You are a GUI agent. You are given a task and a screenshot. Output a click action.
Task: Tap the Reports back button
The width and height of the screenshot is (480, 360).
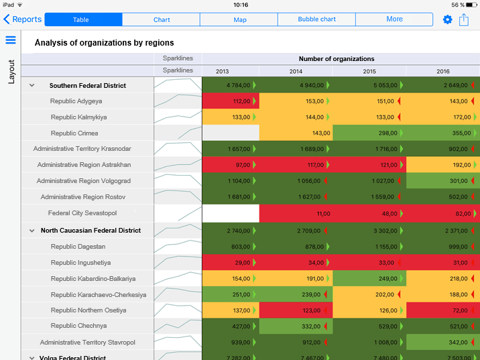pyautogui.click(x=23, y=19)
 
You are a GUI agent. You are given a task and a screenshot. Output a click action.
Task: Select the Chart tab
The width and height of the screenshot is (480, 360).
pyautogui.click(x=161, y=19)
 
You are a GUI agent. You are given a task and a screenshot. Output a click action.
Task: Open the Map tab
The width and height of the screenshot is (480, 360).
pyautogui.click(x=239, y=19)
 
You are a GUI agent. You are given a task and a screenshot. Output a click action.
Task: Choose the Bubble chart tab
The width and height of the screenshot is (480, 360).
pyautogui.click(x=316, y=19)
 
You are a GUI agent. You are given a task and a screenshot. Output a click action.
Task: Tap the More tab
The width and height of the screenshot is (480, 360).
pyautogui.click(x=394, y=19)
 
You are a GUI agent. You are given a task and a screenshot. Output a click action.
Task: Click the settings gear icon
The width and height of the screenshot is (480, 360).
pyautogui.click(x=447, y=19)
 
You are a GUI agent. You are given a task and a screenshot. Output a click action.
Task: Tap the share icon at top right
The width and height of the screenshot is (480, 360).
pyautogui.click(x=464, y=19)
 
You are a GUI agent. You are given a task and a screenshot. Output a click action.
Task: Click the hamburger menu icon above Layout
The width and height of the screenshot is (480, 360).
pyautogui.click(x=11, y=40)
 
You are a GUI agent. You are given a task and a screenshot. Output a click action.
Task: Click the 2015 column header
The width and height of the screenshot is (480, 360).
pyautogui.click(x=369, y=71)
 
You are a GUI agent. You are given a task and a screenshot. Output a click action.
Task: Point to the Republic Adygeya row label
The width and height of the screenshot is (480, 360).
pyautogui.click(x=76, y=101)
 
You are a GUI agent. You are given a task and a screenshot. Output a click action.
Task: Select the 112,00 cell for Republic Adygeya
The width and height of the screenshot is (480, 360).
pyautogui.click(x=231, y=101)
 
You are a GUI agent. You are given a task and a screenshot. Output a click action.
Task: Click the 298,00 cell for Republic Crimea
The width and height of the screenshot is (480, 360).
pyautogui.click(x=369, y=133)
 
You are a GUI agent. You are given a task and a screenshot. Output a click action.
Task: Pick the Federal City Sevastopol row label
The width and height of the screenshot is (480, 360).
pyautogui.click(x=82, y=213)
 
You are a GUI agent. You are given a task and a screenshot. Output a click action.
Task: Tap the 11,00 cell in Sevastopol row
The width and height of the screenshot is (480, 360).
pyautogui.click(x=296, y=213)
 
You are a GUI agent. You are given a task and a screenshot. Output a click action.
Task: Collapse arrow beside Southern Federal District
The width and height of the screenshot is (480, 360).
pyautogui.click(x=32, y=86)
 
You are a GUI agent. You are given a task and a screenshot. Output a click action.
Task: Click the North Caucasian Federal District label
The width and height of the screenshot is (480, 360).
pyautogui.click(x=91, y=230)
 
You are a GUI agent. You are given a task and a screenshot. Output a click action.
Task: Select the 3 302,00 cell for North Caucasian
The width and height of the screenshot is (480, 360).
pyautogui.click(x=369, y=230)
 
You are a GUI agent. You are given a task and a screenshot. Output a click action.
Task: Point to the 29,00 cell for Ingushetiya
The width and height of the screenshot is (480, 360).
pyautogui.click(x=231, y=262)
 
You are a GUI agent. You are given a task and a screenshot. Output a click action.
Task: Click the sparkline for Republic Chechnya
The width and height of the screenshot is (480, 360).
pyautogui.click(x=178, y=326)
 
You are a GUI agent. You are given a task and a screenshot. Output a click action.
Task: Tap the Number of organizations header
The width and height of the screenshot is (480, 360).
pyautogui.click(x=337, y=59)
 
